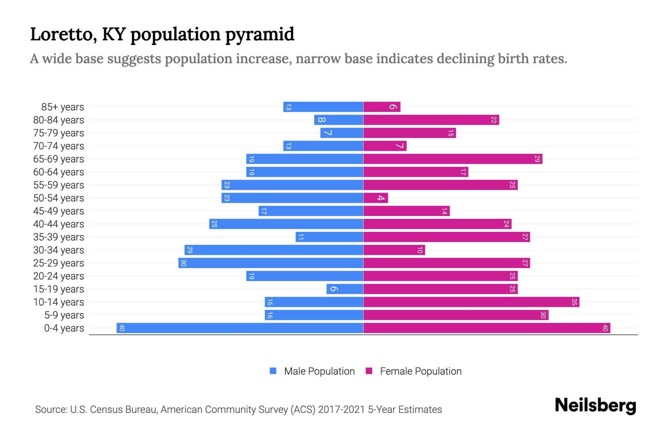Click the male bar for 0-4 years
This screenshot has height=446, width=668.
tap(240, 328)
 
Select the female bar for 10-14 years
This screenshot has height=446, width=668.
tap(471, 302)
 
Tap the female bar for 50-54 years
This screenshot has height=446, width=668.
tap(376, 198)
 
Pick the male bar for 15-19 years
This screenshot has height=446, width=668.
tap(345, 289)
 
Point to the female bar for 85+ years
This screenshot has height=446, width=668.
tap(382, 107)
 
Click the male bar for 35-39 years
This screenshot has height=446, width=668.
tap(330, 237)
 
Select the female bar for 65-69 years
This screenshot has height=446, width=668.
tap(453, 159)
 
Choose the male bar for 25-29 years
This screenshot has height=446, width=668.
tap(271, 263)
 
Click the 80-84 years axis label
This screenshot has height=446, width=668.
tap(59, 120)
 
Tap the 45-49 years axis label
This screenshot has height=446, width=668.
tap(59, 211)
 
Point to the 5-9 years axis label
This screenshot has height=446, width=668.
tap(64, 315)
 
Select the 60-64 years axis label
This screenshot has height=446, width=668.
tap(59, 172)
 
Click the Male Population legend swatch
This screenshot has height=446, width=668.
tap(273, 371)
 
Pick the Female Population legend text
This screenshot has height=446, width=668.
tap(421, 371)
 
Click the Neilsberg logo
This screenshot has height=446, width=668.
tap(595, 405)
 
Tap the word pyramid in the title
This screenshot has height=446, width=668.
tap(260, 35)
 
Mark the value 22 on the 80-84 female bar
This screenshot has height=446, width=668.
tap(494, 120)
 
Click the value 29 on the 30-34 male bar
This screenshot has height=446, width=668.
tap(190, 250)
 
